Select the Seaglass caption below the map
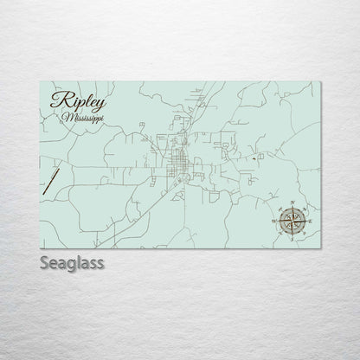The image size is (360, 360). point(72,261)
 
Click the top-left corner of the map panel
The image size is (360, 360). point(41,78)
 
